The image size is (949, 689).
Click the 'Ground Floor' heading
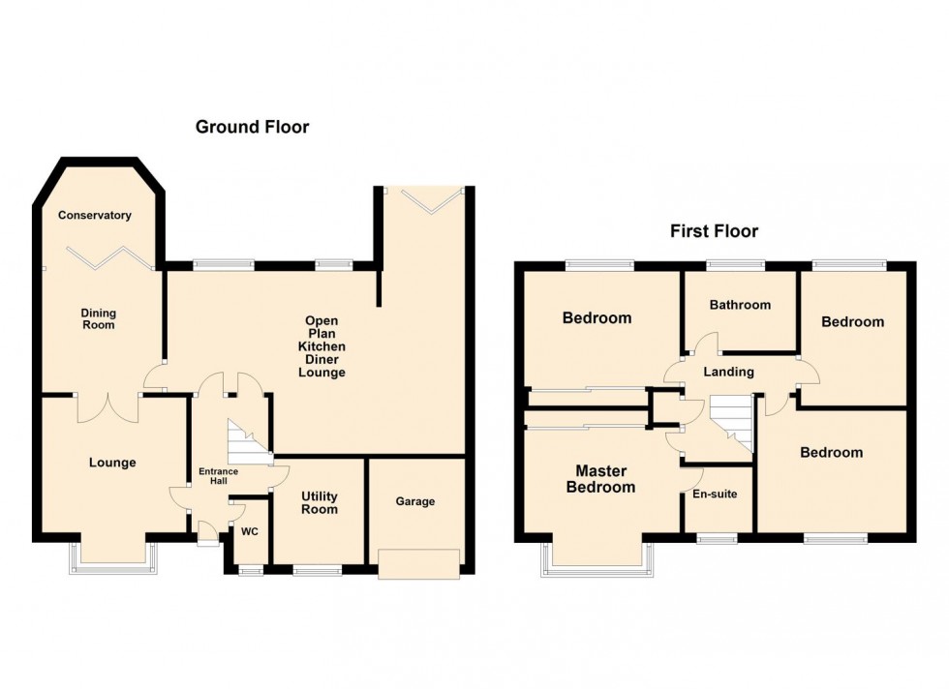252,127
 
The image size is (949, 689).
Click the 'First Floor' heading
714,231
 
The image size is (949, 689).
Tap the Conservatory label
94,215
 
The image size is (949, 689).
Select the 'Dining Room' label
98,318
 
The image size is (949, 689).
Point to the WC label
249,531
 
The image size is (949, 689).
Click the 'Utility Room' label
319,502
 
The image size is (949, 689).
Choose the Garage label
415,501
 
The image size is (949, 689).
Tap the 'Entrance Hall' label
218,476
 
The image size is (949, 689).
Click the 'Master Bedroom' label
600,480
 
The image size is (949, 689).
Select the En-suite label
715,494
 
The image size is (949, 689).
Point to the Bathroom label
740,305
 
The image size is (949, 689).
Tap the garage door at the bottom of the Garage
418,563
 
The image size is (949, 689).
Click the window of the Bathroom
734,264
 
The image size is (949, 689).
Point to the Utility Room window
310,571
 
